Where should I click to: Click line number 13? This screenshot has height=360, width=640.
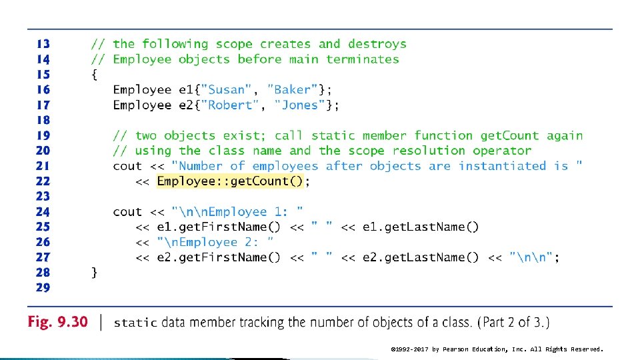pos(43,44)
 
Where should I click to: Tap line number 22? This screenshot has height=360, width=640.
pos(43,181)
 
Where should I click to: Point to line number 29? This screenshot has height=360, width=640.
pos(43,287)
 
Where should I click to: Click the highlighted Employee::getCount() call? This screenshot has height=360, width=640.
pos(230,181)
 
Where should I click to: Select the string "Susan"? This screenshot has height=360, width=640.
pos(226,89)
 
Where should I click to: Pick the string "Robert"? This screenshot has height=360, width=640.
pos(230,105)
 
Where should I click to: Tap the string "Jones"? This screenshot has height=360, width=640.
pos(299,105)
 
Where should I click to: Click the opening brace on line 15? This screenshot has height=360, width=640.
pos(94,75)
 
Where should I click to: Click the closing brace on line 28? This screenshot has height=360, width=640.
pos(94,272)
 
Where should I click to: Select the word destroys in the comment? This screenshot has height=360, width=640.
pos(377,44)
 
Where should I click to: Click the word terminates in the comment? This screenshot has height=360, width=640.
pos(363,59)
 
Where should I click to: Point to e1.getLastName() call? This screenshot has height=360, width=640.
pos(421,227)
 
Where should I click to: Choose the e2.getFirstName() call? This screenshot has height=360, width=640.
pos(219,257)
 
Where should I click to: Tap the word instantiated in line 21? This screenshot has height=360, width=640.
pos(503,166)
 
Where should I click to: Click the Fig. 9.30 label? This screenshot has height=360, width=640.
pos(57,322)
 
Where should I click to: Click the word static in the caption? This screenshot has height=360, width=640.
pos(135,323)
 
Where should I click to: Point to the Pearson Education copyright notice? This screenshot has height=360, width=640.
pos(497,349)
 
